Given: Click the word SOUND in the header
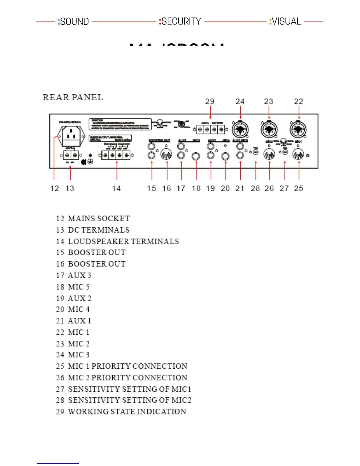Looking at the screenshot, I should point(74,21).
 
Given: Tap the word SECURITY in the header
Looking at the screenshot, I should point(181,21).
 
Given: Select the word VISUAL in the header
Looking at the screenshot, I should point(286,21).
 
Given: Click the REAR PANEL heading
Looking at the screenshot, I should point(73,97).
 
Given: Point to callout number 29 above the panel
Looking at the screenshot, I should point(210,101).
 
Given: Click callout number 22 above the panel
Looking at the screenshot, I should point(299,101).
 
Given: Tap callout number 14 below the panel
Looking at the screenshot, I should point(116,189).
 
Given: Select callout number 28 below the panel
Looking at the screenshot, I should point(255,189).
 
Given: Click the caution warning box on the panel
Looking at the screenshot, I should point(120,124).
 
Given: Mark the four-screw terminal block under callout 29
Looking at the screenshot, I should point(211,129).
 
